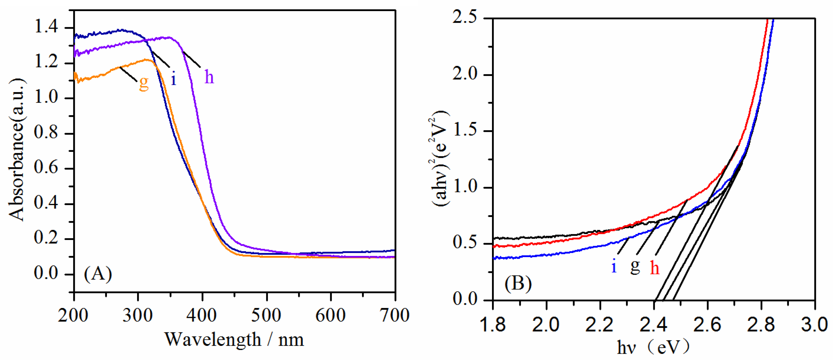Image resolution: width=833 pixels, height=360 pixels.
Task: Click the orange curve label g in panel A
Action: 144,83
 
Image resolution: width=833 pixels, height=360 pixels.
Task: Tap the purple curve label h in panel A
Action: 209,77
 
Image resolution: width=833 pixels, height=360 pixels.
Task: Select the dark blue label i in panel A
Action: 174,78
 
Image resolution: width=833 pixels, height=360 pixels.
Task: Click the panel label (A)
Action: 98,274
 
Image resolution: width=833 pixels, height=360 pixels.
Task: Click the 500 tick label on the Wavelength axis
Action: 266,315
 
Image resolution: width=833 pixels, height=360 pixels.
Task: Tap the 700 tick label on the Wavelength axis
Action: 394,315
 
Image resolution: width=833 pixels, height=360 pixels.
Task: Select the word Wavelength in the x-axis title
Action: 212,340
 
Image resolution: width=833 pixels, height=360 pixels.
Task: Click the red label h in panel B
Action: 654,268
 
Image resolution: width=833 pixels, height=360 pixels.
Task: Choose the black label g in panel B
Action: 635,267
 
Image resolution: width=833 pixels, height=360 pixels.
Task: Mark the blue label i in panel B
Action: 614,267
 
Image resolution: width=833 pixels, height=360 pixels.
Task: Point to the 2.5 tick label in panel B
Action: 465,17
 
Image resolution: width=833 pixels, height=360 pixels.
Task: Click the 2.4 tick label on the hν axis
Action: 653,324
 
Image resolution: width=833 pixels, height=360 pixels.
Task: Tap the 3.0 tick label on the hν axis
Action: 814,324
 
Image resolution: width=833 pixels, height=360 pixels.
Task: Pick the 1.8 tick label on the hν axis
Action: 493,324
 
